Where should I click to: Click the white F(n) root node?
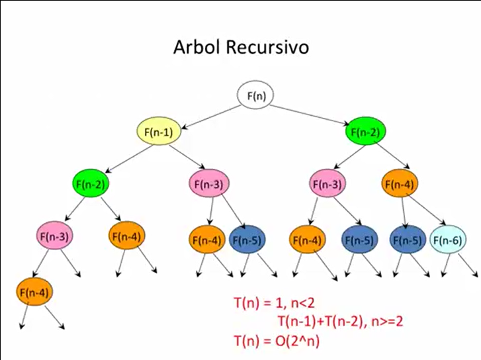click(256, 97)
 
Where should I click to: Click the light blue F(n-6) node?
click(446, 240)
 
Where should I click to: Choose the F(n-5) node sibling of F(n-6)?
click(406, 240)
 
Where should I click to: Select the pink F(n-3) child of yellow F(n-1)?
click(209, 184)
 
